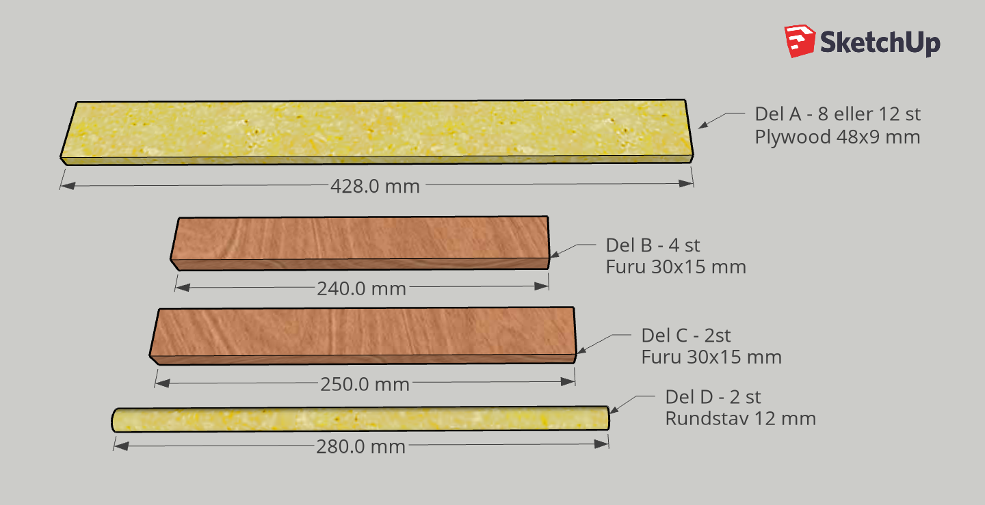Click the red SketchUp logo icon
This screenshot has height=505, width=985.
pos(800,42)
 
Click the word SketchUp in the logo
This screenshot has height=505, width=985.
pos(880,42)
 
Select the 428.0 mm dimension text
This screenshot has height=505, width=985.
pos(375,185)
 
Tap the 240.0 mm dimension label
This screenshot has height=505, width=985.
pos(361,288)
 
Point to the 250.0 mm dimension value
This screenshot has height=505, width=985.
pos(365,384)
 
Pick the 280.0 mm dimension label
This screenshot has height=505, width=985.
pos(360,446)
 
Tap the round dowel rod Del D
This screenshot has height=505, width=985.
pos(360,418)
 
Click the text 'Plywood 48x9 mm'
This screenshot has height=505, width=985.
pos(837,137)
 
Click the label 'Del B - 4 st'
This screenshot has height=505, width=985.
pos(653,245)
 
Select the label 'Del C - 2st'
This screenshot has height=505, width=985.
pos(685,336)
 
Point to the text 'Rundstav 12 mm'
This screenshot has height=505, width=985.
pos(740,418)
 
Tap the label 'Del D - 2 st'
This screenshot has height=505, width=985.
pos(713,397)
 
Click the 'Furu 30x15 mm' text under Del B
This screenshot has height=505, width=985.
pos(676,267)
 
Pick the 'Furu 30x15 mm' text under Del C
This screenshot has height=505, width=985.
pos(711,357)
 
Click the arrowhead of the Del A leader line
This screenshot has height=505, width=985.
pos(702,125)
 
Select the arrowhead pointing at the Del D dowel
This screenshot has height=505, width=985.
pos(614,410)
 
